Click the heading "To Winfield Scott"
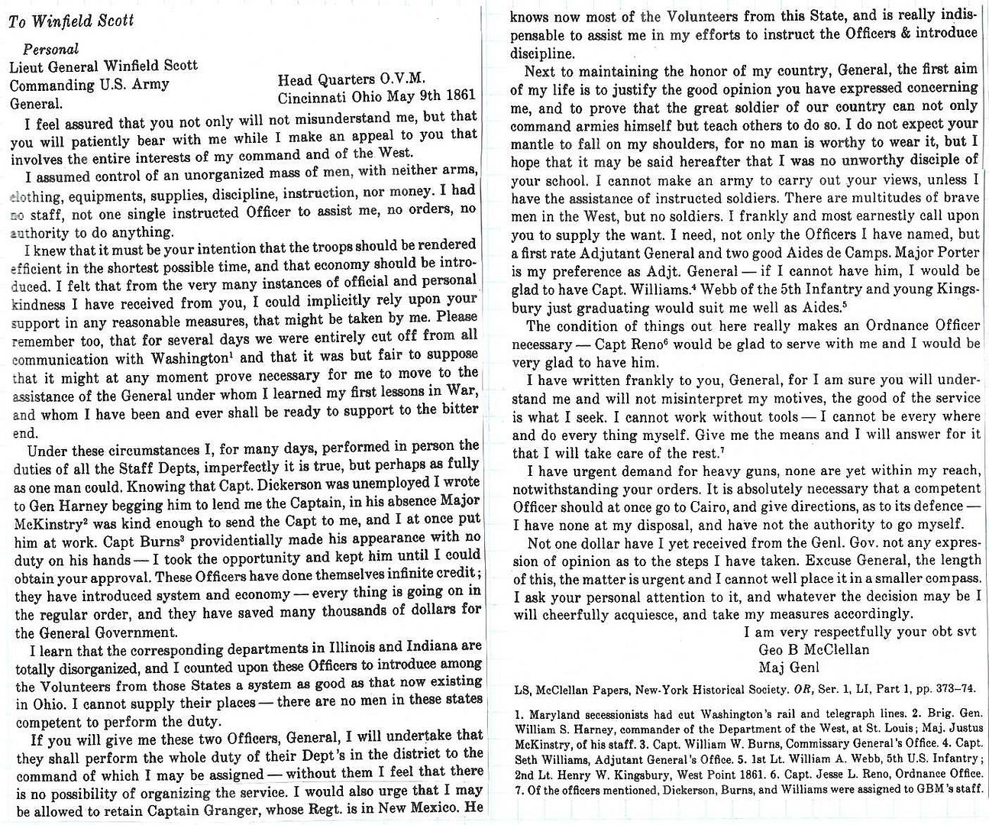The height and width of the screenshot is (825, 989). click(71, 20)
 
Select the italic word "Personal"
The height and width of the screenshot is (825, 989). click(50, 50)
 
